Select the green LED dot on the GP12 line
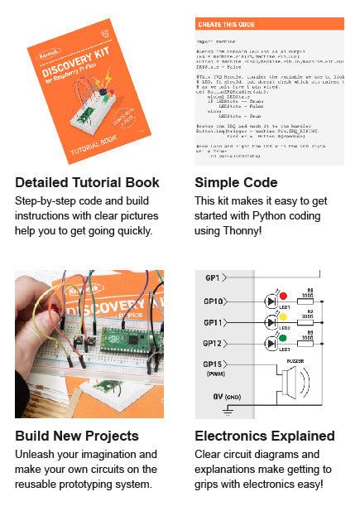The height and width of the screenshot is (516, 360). click(282, 337)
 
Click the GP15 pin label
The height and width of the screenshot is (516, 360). click(212, 364)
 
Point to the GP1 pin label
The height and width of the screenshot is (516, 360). click(212, 277)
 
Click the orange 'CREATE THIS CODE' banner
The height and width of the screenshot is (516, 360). click(269, 23)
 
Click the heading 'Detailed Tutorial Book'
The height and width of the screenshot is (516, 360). click(87, 182)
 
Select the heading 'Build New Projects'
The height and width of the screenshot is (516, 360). click(77, 436)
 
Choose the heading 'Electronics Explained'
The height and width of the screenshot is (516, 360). click(265, 436)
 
